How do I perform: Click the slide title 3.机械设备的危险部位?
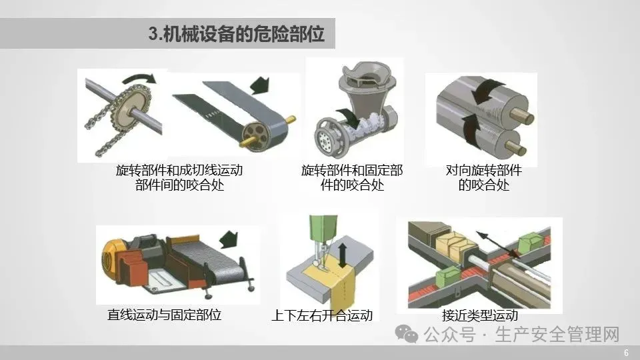[236, 34]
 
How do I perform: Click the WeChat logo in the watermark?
[406, 334]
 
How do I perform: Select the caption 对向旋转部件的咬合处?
[484, 177]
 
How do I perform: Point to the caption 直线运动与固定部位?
[164, 315]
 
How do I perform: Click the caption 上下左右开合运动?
[322, 315]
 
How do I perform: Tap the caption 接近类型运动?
[480, 315]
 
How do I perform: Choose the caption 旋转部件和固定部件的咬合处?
[352, 177]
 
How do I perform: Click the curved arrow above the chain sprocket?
[139, 79]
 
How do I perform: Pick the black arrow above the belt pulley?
[259, 85]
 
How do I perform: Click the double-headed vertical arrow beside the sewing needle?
[343, 256]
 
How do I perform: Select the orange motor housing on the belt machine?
[112, 258]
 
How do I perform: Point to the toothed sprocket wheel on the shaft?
[133, 108]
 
